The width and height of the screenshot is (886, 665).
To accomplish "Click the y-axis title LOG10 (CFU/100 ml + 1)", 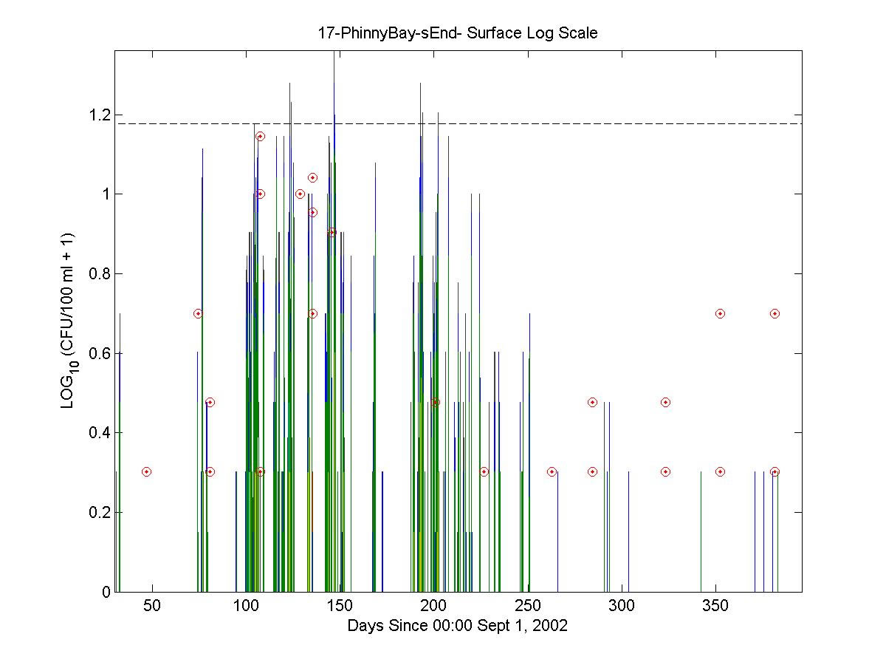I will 69,321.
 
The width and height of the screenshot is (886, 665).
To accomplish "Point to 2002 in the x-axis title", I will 549,626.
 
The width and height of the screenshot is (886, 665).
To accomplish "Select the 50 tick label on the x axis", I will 151,607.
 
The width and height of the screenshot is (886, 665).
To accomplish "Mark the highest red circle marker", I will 260,136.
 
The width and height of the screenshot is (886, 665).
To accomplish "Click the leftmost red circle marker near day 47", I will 146,471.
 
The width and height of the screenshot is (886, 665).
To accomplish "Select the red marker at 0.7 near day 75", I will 198,313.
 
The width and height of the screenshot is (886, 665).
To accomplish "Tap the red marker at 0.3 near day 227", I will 484,471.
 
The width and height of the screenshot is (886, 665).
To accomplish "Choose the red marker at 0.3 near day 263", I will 552,471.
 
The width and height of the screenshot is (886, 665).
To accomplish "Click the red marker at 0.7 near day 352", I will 720,313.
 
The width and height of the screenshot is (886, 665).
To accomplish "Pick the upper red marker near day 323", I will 665,402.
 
